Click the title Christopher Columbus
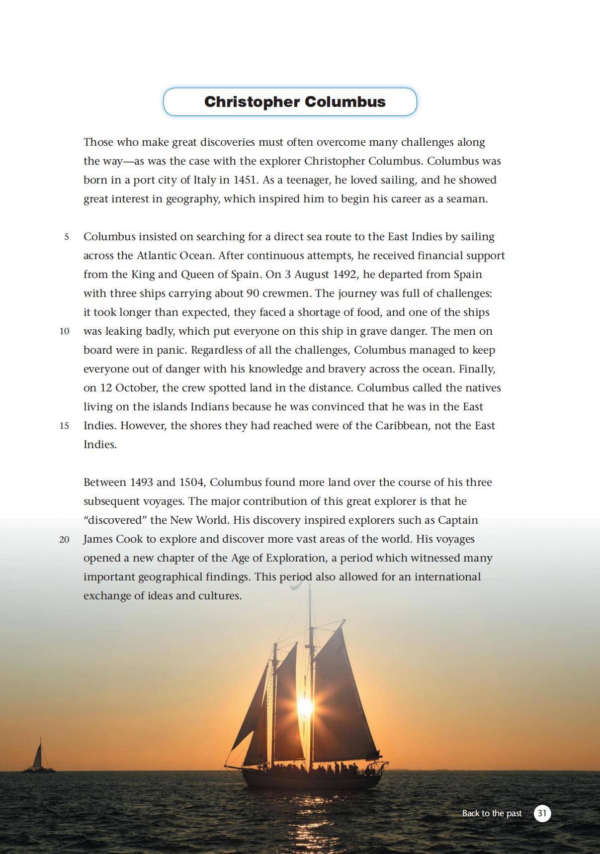(x=295, y=102)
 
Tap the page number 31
(x=542, y=813)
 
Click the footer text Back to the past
(x=492, y=813)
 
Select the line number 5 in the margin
(x=67, y=237)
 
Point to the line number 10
(x=65, y=331)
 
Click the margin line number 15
(x=65, y=426)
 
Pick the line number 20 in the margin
(x=65, y=539)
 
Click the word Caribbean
(x=402, y=426)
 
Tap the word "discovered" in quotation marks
(x=115, y=520)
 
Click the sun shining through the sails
(x=305, y=706)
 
